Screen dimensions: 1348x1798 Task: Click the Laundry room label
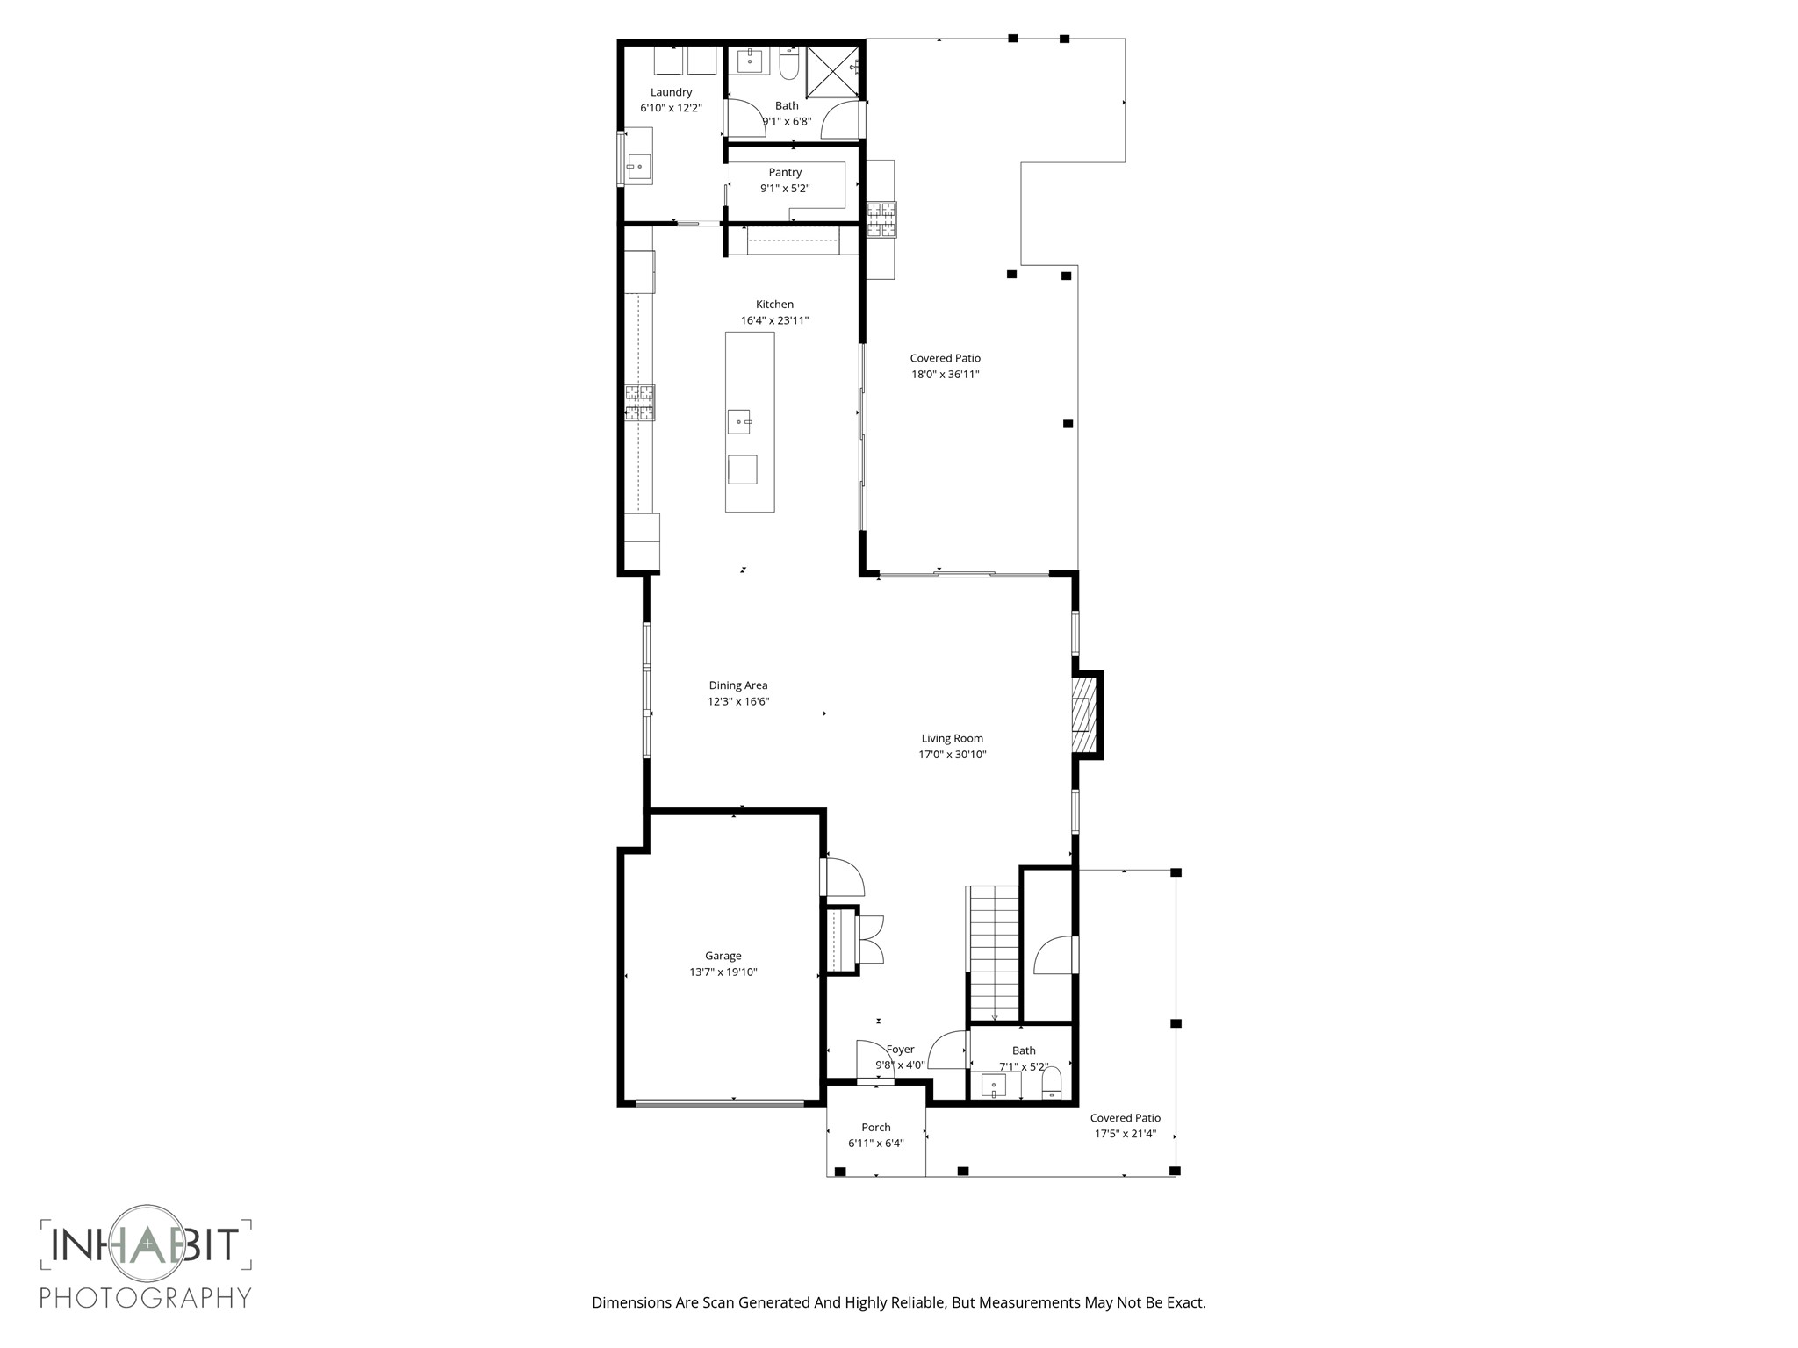[671, 92]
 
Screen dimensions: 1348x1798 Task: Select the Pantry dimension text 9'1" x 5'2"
[785, 189]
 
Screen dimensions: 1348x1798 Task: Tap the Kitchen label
[774, 305]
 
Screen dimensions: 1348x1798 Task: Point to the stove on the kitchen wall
[639, 403]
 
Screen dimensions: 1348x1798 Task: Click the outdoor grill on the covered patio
[881, 219]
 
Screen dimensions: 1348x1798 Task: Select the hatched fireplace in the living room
[1085, 714]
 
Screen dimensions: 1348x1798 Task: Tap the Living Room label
[952, 739]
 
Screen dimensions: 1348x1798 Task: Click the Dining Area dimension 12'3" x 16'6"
[738, 702]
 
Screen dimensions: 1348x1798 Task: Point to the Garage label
[723, 957]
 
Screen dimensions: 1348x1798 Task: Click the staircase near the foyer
[994, 952]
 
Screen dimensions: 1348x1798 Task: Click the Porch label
[875, 1128]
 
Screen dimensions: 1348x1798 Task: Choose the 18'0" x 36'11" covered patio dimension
[945, 375]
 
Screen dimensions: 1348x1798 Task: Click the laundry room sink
[637, 166]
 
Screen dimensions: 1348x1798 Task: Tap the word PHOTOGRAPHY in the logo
[146, 1297]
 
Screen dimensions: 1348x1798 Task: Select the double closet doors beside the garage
[871, 940]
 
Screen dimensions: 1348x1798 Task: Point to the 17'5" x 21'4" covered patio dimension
[1125, 1134]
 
